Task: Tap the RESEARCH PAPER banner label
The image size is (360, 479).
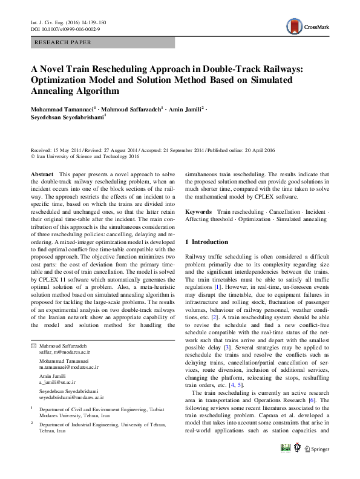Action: click(x=64, y=42)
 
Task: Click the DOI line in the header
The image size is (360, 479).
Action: click(x=65, y=28)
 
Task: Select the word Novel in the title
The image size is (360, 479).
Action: click(x=58, y=69)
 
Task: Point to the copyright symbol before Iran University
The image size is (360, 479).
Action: click(x=33, y=156)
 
